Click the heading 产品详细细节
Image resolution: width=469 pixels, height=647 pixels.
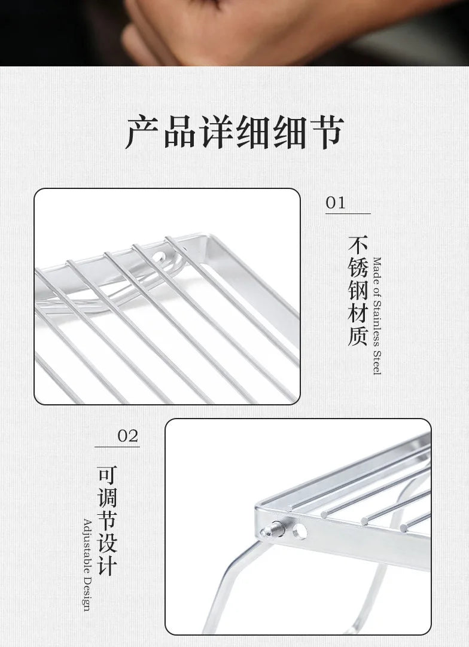235,132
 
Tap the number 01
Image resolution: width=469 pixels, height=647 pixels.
335,203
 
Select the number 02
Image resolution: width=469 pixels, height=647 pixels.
128,436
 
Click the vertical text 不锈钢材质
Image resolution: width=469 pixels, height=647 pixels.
358,291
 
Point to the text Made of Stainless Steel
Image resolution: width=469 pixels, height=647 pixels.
377,316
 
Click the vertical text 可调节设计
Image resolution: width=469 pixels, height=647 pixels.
107,521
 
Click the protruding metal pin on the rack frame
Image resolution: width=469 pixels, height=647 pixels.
272,529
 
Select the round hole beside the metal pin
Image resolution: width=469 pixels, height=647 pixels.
300,531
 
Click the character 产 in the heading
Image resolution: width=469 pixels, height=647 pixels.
142,132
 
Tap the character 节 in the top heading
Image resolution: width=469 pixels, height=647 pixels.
327,132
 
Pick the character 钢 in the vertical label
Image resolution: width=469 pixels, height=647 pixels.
358,291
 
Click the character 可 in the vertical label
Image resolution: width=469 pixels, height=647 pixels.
107,476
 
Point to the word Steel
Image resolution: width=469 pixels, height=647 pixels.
377,363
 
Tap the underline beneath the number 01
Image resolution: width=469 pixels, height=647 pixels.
348,213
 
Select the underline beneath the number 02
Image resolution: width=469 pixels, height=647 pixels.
117,447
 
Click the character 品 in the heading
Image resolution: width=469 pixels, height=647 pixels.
179,132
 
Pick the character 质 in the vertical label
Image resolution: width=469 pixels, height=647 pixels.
358,336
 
